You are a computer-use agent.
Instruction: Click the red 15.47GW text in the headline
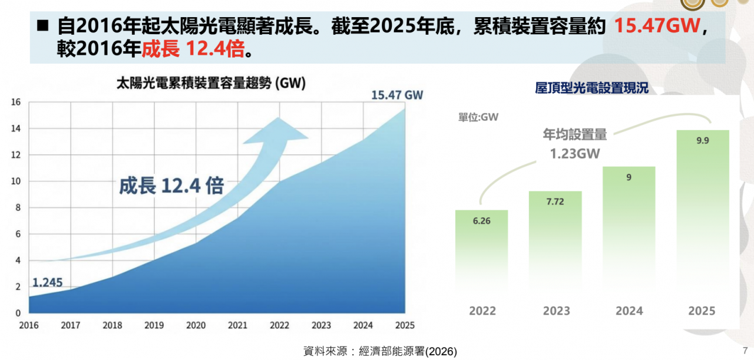click(658, 27)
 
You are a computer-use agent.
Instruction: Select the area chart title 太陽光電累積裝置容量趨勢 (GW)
click(210, 83)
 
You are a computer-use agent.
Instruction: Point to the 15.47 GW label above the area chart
click(397, 95)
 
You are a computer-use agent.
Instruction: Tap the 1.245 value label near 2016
click(47, 282)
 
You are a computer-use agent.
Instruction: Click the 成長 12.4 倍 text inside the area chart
click(171, 186)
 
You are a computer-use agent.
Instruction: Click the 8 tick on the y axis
click(18, 207)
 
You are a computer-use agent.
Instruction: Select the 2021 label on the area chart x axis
click(237, 325)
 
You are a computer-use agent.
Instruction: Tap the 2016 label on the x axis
click(28, 325)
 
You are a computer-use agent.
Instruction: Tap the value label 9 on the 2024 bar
click(629, 177)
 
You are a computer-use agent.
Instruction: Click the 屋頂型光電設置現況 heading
click(591, 88)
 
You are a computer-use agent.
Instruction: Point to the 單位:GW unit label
click(478, 117)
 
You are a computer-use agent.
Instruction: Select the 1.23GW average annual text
click(574, 153)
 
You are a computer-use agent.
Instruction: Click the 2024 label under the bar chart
click(629, 311)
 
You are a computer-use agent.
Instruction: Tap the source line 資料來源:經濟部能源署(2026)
click(380, 352)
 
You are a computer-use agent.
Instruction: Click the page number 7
click(745, 350)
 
